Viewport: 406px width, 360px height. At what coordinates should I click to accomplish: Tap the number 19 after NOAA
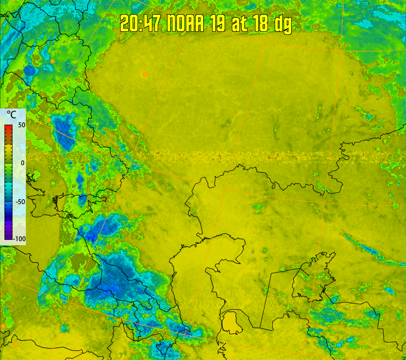tap(218, 23)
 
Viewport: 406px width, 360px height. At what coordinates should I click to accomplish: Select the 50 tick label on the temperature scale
tap(21, 125)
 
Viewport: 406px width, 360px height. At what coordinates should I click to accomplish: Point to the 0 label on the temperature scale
tap(22, 163)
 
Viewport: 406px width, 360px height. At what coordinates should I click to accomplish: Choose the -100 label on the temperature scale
tap(19, 239)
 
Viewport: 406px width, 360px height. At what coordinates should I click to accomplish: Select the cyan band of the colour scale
tap(8, 188)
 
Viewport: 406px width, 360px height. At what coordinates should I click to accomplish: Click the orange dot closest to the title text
tap(145, 74)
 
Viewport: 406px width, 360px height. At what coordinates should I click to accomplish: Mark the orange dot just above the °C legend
tap(49, 120)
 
